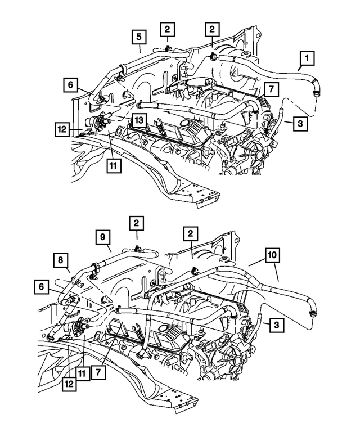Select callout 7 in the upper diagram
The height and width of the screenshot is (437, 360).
pos(269,89)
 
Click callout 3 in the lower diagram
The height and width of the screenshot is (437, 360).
pos(275,325)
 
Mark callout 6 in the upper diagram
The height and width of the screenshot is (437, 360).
pos(71,85)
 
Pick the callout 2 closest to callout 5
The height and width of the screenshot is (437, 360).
pos(168,29)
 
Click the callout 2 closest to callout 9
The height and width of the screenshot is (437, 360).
pos(136,223)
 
